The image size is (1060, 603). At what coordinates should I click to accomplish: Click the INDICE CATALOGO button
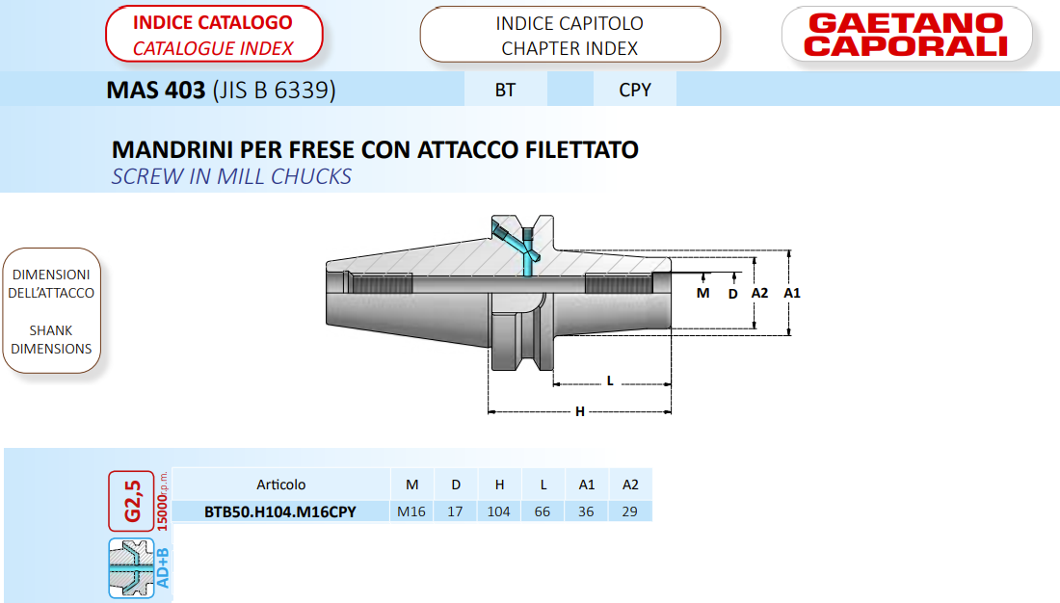click(x=214, y=35)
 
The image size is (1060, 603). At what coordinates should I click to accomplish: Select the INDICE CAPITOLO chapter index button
click(x=570, y=35)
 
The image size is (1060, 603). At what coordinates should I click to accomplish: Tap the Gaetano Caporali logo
click(x=907, y=35)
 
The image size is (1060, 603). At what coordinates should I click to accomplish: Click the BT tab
click(x=505, y=90)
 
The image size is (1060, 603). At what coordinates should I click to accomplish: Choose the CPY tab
click(x=635, y=90)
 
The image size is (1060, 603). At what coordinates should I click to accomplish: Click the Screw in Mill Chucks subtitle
click(x=231, y=176)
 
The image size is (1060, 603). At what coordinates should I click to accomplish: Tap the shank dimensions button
click(x=51, y=311)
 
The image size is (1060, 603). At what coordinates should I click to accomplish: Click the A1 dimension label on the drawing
click(x=791, y=293)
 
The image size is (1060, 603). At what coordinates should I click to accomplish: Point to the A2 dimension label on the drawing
click(x=759, y=293)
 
